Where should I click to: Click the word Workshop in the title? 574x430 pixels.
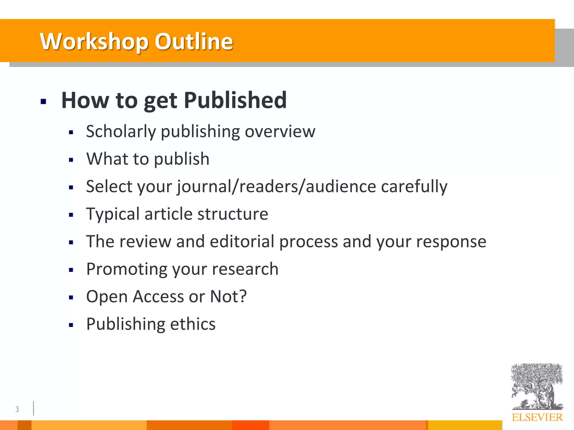94,41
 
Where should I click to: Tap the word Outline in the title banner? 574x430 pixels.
194,41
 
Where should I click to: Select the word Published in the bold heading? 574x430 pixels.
235,100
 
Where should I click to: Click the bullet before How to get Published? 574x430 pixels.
43,101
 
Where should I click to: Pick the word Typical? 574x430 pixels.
113,214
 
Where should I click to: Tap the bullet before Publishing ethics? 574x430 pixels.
71,325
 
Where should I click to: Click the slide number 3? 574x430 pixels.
17,409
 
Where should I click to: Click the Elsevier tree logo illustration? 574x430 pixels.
537,386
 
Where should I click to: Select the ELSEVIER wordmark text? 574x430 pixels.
537,417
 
